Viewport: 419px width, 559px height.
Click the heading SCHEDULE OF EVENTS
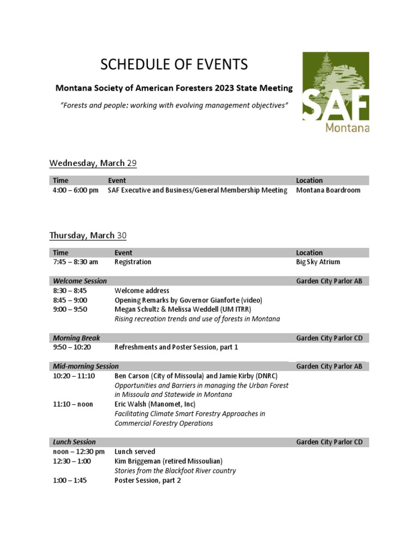point(174,64)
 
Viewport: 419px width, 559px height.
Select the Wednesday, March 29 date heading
point(93,163)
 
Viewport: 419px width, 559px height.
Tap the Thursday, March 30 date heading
point(88,235)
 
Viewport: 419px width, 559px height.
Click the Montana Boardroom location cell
point(328,190)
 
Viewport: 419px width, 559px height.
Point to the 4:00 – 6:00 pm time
point(76,190)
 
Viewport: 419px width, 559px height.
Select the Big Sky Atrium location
point(318,262)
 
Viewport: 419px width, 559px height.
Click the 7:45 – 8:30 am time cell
point(76,262)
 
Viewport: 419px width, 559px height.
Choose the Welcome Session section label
point(80,281)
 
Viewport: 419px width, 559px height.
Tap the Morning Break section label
point(76,338)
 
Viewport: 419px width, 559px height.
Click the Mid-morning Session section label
point(86,366)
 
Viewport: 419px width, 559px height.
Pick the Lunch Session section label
point(74,442)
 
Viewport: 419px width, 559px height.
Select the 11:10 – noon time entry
point(73,404)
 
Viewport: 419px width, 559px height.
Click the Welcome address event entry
point(142,290)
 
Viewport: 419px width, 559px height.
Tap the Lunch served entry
point(135,451)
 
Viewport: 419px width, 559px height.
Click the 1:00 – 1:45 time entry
point(70,480)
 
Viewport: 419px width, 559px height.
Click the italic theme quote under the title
point(174,105)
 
